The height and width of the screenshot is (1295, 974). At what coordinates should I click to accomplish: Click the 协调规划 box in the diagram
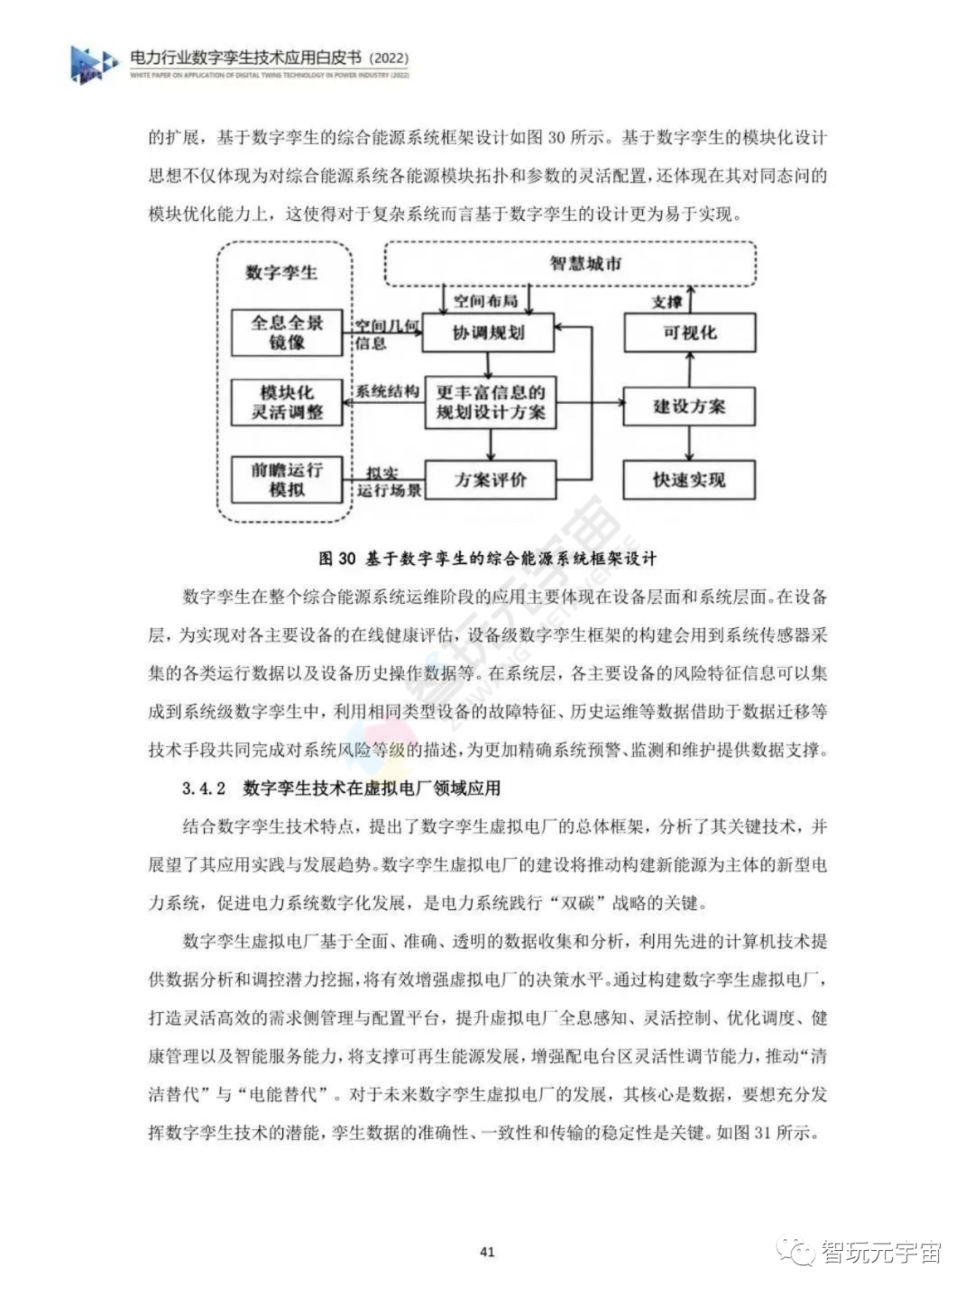coord(488,333)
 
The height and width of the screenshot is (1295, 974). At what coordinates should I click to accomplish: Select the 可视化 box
coord(689,333)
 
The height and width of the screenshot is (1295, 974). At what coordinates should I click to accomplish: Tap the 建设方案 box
coord(689,406)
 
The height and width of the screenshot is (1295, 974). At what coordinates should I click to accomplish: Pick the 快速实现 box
coord(689,479)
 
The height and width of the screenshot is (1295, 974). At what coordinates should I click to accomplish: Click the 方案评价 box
coord(490,479)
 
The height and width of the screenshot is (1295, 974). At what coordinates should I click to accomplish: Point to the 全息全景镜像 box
coord(286,333)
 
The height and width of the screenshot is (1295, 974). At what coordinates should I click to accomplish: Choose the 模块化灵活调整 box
coord(286,403)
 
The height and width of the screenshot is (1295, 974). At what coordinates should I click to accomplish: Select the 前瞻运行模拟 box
coord(286,479)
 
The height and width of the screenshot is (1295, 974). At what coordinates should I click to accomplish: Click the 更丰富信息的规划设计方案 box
coord(490,403)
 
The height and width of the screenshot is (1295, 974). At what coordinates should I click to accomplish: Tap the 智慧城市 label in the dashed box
coord(586,263)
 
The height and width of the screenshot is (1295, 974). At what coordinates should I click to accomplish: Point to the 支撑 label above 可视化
coord(666,301)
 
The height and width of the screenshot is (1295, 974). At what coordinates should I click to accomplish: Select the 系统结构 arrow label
coord(386,391)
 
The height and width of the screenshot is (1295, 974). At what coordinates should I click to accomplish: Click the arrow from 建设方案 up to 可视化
coord(690,370)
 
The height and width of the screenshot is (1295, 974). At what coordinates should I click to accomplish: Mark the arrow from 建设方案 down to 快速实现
coord(690,443)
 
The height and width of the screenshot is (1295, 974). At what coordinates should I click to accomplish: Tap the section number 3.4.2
coord(203,789)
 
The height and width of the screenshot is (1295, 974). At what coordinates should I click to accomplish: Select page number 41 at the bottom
coord(487,1252)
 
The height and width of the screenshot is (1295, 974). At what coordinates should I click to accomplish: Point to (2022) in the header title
coord(390,59)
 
